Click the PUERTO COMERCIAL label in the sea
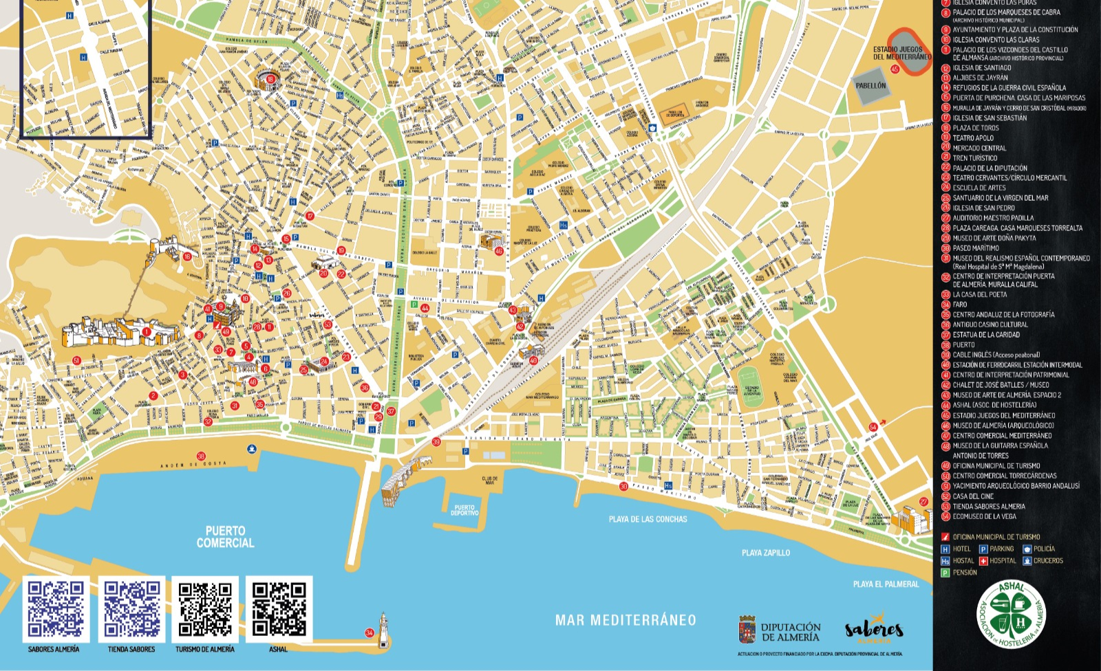[225, 536]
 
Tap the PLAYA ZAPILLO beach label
[765, 553]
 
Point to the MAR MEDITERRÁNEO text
[626, 620]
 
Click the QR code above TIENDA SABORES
[131, 609]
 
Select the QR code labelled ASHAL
[279, 609]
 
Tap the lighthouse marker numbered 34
[370, 632]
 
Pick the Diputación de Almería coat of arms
[747, 629]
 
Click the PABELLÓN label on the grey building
[870, 86]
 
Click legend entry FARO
[960, 305]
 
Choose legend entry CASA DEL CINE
[974, 496]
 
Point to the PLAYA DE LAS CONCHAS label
[648, 519]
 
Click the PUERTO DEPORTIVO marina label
[464, 510]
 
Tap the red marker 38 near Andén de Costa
[201, 456]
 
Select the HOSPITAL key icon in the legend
[983, 561]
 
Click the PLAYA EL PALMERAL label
[886, 584]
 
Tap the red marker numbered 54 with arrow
[873, 427]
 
